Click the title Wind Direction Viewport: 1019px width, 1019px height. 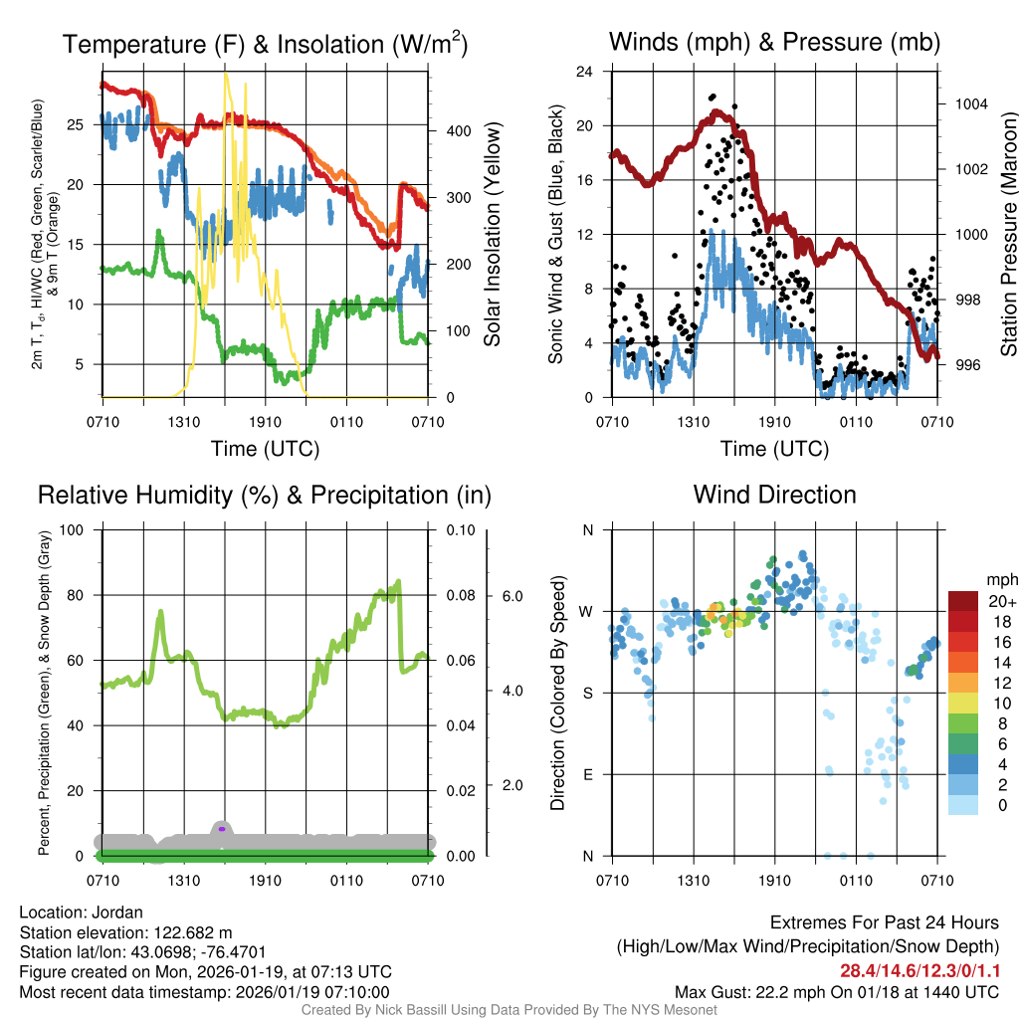click(774, 495)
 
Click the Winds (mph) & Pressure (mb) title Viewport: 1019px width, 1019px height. click(774, 42)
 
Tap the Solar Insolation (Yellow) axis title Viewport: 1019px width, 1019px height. click(493, 234)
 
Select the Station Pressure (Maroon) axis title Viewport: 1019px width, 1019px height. click(1008, 234)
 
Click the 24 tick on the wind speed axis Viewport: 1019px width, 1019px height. click(585, 72)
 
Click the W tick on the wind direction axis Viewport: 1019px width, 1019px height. click(587, 611)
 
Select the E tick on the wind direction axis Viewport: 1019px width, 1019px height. click(588, 774)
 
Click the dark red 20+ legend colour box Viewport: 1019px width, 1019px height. click(964, 601)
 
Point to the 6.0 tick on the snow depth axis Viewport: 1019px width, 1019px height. click(510, 596)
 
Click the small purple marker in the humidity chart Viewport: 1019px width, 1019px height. click(222, 828)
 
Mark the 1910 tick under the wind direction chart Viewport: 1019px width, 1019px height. click(774, 881)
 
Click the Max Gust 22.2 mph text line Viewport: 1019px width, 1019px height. click(836, 992)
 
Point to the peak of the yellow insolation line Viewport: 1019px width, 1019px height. click(227, 74)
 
